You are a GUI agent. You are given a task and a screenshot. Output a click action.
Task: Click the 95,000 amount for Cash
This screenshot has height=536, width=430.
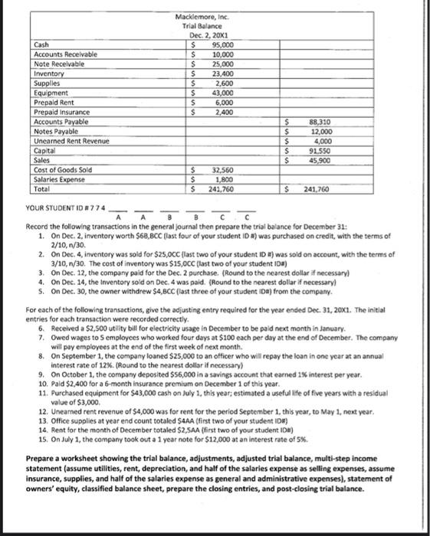(222, 44)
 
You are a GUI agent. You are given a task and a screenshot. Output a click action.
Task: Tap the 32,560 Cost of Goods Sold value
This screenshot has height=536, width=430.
(222, 170)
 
